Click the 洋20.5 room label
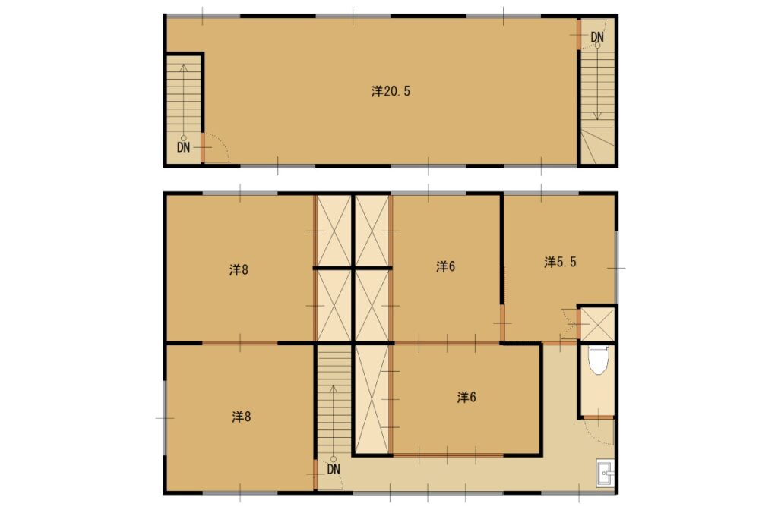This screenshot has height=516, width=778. (x=391, y=91)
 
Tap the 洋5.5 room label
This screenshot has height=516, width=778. (x=560, y=262)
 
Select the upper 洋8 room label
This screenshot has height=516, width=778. (x=239, y=270)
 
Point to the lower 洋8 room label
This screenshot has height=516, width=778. (x=241, y=417)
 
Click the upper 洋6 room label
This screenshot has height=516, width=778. (x=445, y=266)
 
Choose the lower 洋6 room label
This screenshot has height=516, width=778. (x=466, y=397)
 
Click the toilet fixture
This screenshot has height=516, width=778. (x=598, y=360)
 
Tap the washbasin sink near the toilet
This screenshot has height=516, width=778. (x=606, y=473)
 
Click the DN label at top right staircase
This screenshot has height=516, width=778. (x=597, y=37)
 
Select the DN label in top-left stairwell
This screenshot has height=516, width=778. (x=184, y=147)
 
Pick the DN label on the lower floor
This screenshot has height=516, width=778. (x=334, y=469)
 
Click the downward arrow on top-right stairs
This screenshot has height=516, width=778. (x=597, y=82)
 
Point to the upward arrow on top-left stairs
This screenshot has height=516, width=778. (x=184, y=102)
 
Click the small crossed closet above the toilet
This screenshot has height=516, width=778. (x=597, y=324)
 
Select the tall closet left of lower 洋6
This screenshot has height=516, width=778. (x=372, y=399)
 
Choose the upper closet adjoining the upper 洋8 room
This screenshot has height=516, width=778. (x=334, y=231)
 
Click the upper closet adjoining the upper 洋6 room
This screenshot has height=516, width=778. (x=372, y=231)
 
